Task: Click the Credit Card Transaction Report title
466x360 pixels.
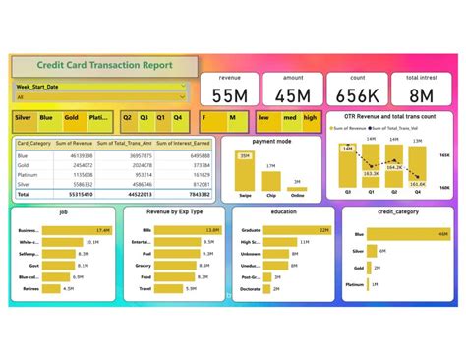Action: pos(98,66)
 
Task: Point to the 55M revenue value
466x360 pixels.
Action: pos(230,94)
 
